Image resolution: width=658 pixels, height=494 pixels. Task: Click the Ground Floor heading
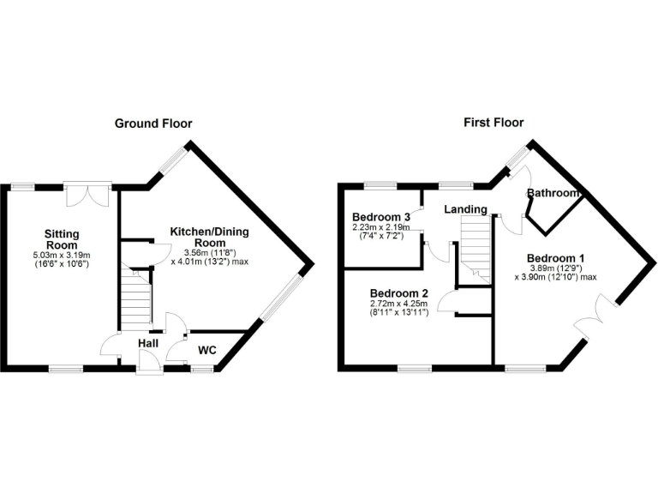(x=153, y=123)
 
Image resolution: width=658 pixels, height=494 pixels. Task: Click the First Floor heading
(x=493, y=123)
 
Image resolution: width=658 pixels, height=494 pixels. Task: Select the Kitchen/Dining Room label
(x=210, y=238)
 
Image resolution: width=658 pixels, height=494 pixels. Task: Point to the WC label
(x=208, y=350)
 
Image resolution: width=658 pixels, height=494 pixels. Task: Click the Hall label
(x=148, y=344)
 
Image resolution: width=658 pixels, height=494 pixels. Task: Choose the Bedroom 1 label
(x=556, y=258)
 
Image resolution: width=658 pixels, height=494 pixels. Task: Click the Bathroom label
(x=554, y=193)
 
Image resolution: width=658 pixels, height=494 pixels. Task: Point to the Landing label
(x=465, y=209)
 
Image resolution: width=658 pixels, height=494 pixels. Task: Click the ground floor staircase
(x=135, y=300)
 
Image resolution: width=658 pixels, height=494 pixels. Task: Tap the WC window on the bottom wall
(x=202, y=369)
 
